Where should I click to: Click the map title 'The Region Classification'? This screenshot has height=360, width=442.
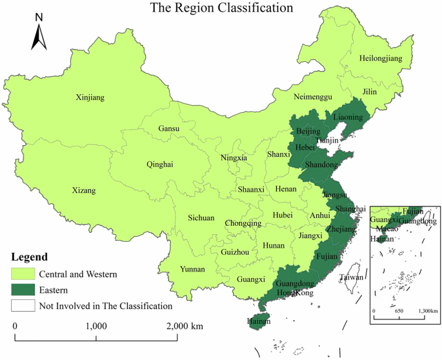[221, 8]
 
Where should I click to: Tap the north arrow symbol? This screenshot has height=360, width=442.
[39, 33]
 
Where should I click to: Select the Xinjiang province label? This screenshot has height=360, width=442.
[90, 97]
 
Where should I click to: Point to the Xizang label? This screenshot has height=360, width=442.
[83, 191]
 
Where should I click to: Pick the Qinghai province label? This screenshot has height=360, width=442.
[159, 165]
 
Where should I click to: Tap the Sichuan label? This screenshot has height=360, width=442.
[201, 218]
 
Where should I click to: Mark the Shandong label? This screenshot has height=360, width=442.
[321, 165]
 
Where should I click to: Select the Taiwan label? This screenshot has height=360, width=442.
[352, 277]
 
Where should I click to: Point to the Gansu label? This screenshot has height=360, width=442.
[169, 128]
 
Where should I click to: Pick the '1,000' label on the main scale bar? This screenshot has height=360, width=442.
[96, 326]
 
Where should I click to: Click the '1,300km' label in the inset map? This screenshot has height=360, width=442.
[425, 312]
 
